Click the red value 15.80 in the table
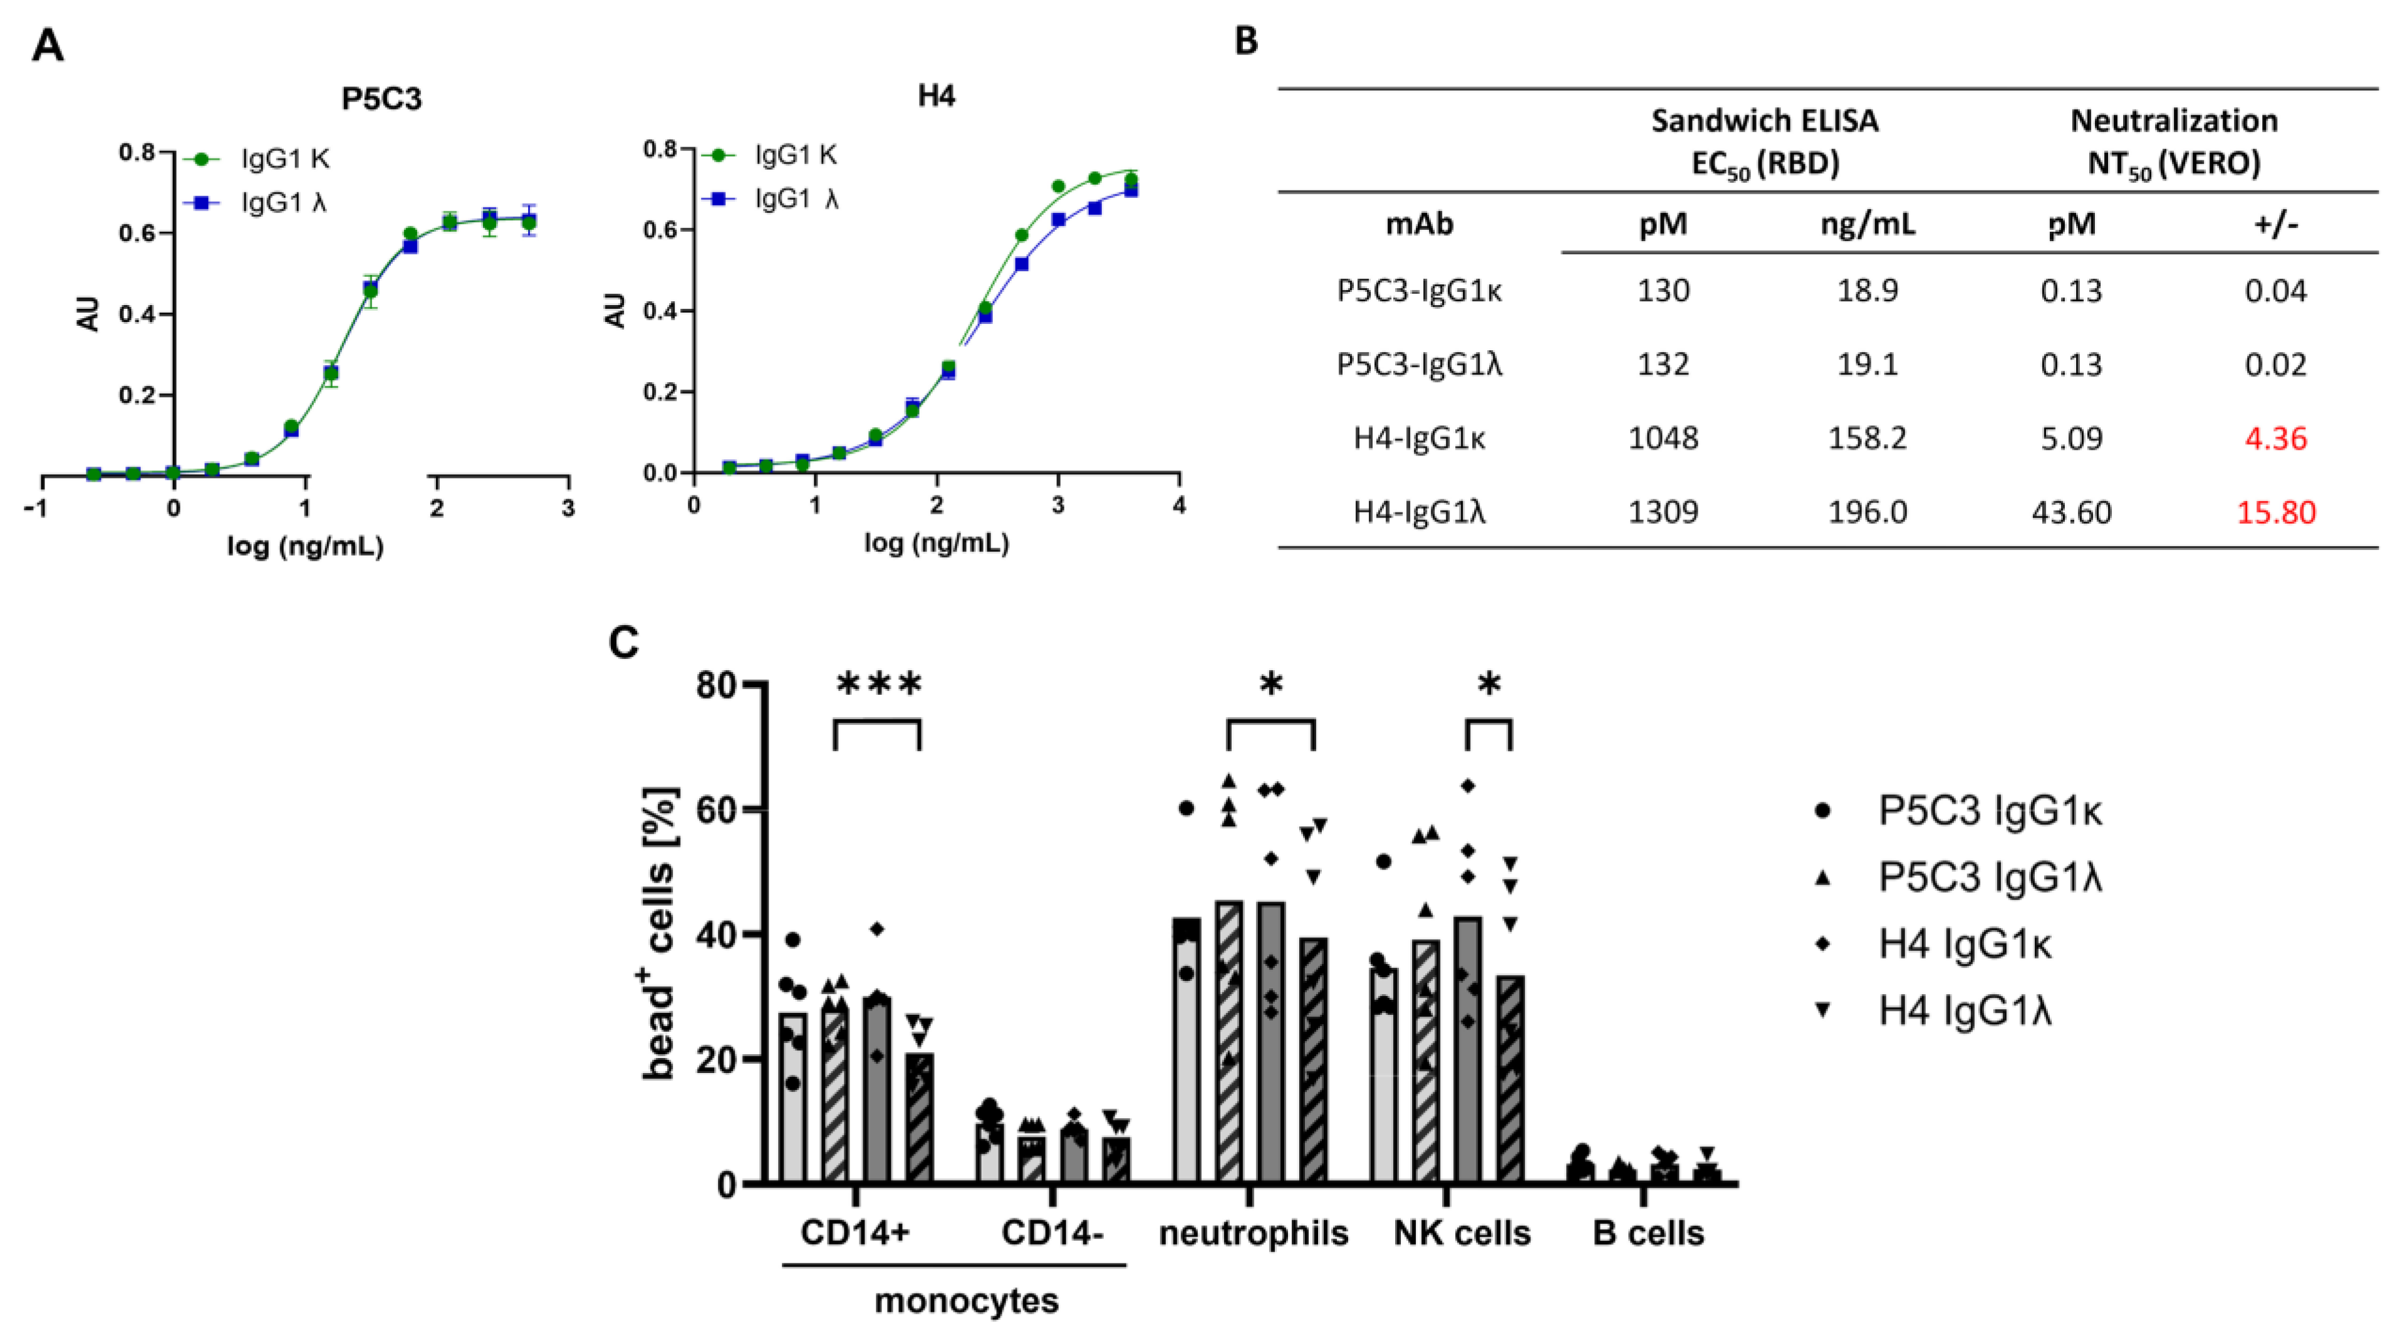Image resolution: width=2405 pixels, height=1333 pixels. coord(2275,512)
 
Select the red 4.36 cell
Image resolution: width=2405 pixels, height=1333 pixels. coord(2275,438)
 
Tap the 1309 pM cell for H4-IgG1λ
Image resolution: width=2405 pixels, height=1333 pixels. coord(1663,512)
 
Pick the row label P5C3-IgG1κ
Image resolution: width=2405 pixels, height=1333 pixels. coord(1419,291)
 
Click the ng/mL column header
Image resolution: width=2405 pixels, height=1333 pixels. coord(1867,224)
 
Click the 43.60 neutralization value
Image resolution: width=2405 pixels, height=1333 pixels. coord(2070,512)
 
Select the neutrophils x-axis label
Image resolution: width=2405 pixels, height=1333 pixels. coord(1253,1233)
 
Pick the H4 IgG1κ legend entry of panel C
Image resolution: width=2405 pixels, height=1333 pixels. coord(1965,945)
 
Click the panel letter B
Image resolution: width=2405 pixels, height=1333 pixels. coord(1247,41)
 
